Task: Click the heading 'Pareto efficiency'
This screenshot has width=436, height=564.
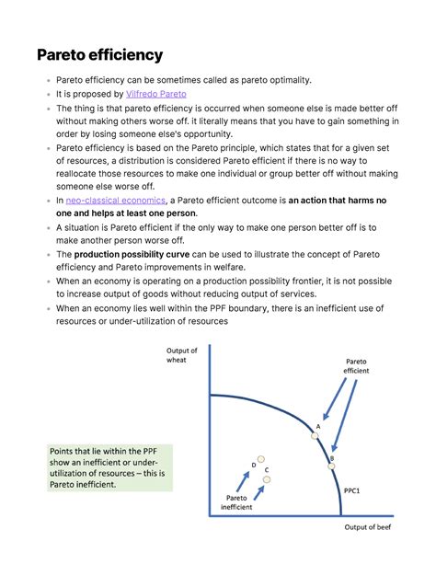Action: (x=100, y=55)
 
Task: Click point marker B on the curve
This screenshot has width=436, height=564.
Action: (x=332, y=466)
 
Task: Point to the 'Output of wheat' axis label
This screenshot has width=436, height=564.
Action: (x=181, y=354)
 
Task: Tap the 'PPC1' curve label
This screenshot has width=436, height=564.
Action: (x=351, y=490)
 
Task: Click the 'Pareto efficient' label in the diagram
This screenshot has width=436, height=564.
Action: (x=356, y=365)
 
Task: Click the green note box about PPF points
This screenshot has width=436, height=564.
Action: (x=109, y=466)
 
